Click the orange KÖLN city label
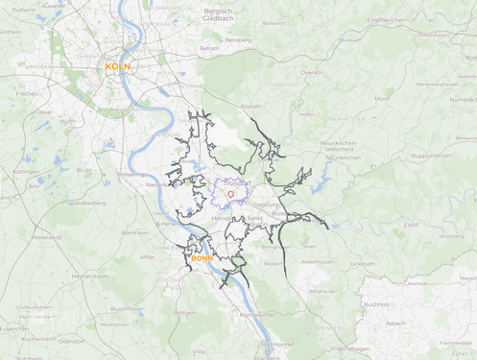[x=118, y=66]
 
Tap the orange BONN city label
[x=203, y=258]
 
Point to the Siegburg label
[x=267, y=204]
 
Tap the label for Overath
[x=312, y=72]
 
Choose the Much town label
[x=382, y=98]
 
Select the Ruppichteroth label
[x=432, y=155]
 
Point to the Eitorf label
[x=412, y=225]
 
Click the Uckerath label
[x=363, y=263]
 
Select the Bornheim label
[x=134, y=232]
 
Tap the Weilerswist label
[x=46, y=237]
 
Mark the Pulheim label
[x=24, y=9]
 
